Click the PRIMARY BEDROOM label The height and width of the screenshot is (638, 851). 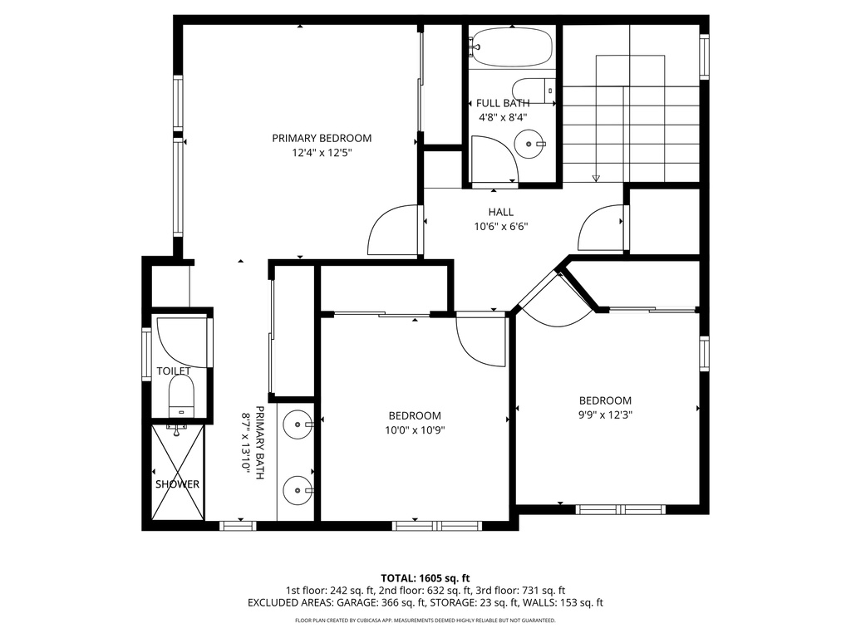point(322,139)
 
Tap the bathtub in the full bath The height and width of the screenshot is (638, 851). point(511,47)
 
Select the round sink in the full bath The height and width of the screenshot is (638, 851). point(528,145)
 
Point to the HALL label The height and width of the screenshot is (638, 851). point(500,212)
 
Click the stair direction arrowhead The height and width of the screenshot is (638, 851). point(596,178)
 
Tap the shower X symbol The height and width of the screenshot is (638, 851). point(178,472)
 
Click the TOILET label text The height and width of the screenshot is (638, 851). point(174,371)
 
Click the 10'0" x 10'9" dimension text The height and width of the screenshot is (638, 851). point(415,430)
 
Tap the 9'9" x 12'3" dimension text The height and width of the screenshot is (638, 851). point(605,415)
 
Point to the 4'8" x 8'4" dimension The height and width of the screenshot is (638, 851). point(503,116)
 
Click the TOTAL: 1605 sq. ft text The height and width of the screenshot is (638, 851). point(425,578)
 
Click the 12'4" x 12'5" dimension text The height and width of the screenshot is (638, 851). point(322,153)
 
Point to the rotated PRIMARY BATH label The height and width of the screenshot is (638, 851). point(253,443)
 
